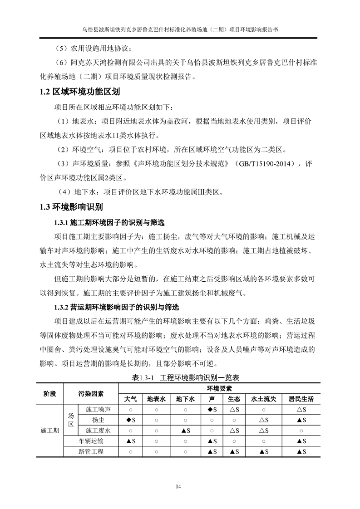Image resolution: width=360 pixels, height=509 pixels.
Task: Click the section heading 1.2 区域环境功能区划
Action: (79, 92)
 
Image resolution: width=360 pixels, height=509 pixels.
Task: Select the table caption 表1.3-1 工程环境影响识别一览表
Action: (179, 377)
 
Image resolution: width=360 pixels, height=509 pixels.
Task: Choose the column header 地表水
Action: (157, 399)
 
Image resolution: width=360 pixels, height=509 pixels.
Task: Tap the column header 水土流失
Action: (263, 399)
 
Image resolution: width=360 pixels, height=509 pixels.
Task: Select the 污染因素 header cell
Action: (91, 394)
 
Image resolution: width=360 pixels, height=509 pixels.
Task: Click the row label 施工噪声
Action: (98, 410)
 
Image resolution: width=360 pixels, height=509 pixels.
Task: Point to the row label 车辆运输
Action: (91, 441)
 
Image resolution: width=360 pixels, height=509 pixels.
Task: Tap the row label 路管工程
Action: (91, 451)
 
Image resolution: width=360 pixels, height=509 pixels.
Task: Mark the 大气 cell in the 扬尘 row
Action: (130, 420)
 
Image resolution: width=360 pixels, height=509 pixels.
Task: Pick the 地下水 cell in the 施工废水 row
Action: (185, 431)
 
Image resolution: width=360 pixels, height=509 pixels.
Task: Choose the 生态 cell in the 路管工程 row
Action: (234, 451)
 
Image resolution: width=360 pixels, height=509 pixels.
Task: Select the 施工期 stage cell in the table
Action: (49, 430)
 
